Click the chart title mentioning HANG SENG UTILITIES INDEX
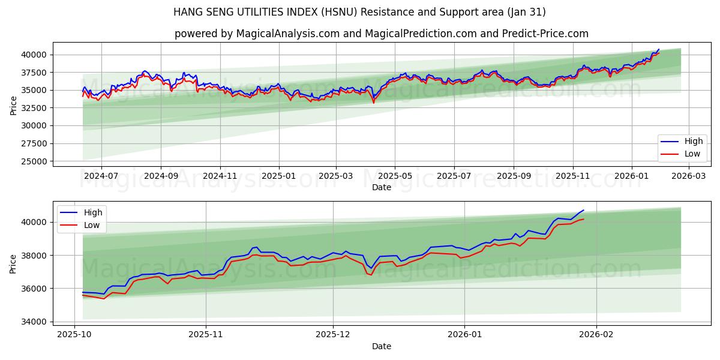click(359, 12)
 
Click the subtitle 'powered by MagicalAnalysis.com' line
click(381, 34)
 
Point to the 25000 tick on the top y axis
click(35, 161)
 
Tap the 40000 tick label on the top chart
click(35, 55)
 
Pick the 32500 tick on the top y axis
click(35, 108)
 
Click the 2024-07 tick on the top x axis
click(101, 176)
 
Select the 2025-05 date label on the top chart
click(395, 176)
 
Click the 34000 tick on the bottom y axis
click(35, 322)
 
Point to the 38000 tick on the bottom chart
click(35, 256)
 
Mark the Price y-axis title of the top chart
click(14, 105)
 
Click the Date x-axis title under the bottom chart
click(381, 346)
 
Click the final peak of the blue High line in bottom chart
click(583, 210)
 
